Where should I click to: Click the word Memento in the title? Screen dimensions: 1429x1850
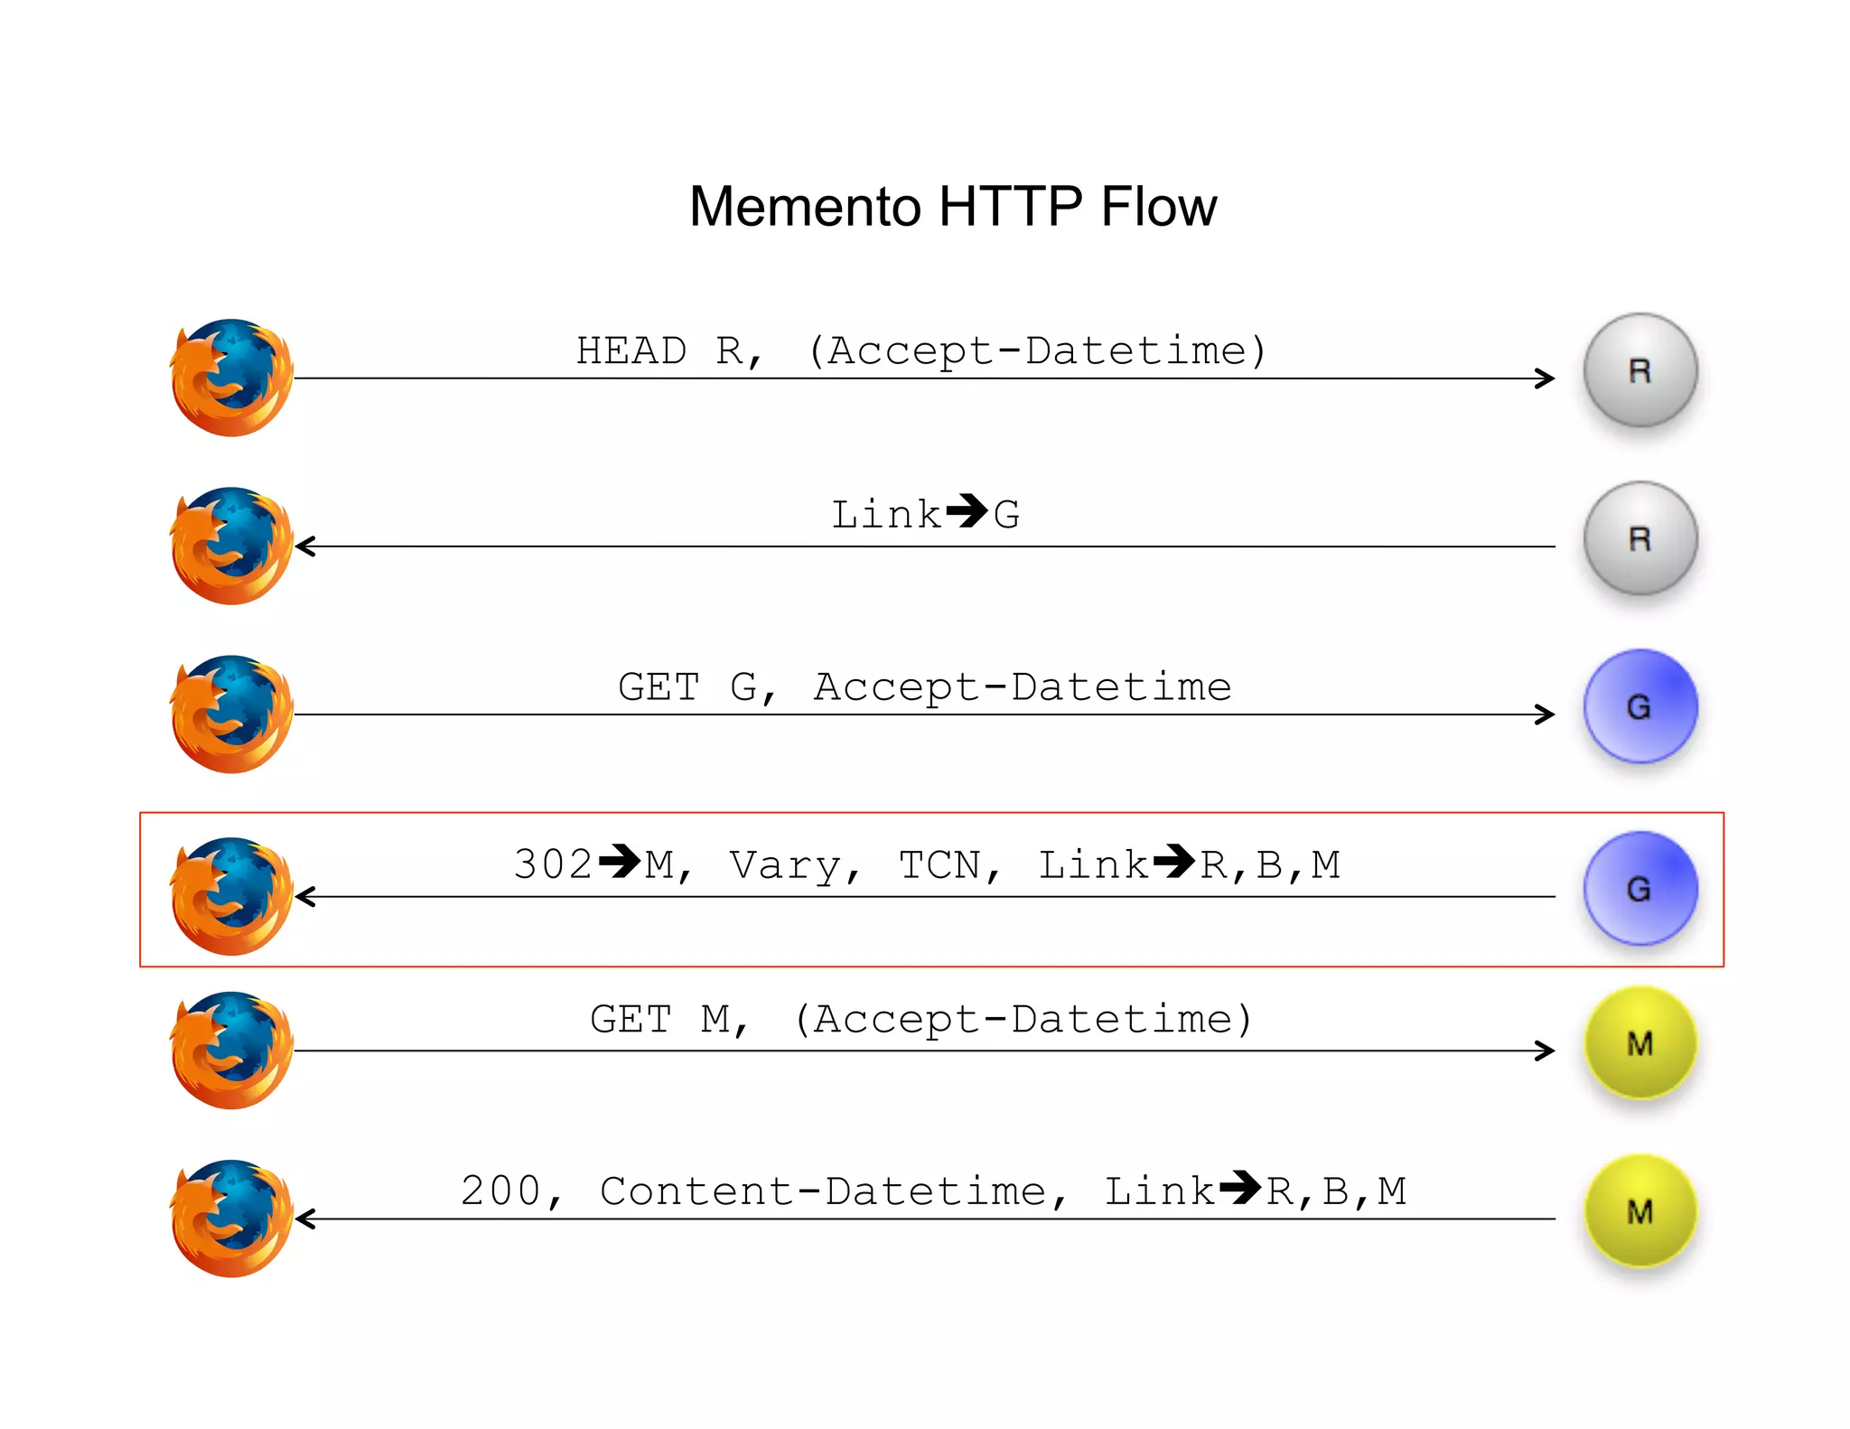click(x=805, y=207)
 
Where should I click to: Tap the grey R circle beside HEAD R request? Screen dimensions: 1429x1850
click(x=1640, y=370)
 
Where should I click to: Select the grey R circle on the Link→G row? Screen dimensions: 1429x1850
click(x=1640, y=538)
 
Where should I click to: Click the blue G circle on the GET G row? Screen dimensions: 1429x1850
click(x=1640, y=706)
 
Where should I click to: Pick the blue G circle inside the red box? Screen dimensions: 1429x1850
click(x=1640, y=889)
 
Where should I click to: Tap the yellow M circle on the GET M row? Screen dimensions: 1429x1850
click(x=1640, y=1043)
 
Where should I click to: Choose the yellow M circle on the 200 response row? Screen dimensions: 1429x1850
click(x=1640, y=1211)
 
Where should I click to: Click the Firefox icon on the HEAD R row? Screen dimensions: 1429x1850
click(x=231, y=378)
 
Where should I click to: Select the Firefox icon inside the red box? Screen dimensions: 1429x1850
click(x=231, y=896)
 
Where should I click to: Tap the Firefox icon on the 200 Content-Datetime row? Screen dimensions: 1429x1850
click(x=231, y=1219)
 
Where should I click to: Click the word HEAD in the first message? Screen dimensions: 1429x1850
click(x=631, y=351)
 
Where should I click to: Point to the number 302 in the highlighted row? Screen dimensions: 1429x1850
click(x=552, y=865)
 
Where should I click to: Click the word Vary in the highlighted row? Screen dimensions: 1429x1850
click(x=784, y=865)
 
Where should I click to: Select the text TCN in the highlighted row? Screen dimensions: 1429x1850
click(x=939, y=865)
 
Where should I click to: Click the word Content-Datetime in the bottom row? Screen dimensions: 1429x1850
click(x=822, y=1191)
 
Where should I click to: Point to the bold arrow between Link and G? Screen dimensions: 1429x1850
click(x=967, y=511)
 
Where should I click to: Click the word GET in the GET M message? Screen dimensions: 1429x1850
click(x=631, y=1020)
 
